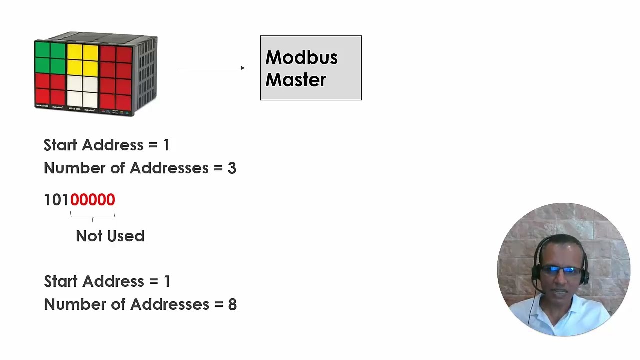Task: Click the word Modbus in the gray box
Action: pos(301,58)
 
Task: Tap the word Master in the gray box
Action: pos(295,80)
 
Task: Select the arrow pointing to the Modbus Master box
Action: pos(212,68)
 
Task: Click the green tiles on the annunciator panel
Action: pos(50,58)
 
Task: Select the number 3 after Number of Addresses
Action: pos(232,168)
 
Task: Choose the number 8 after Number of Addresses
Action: pos(232,305)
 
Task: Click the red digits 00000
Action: pos(93,200)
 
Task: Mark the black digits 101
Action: pos(56,200)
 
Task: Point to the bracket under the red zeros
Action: pos(93,215)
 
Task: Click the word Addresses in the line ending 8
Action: pos(169,305)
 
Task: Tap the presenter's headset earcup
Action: pos(536,273)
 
